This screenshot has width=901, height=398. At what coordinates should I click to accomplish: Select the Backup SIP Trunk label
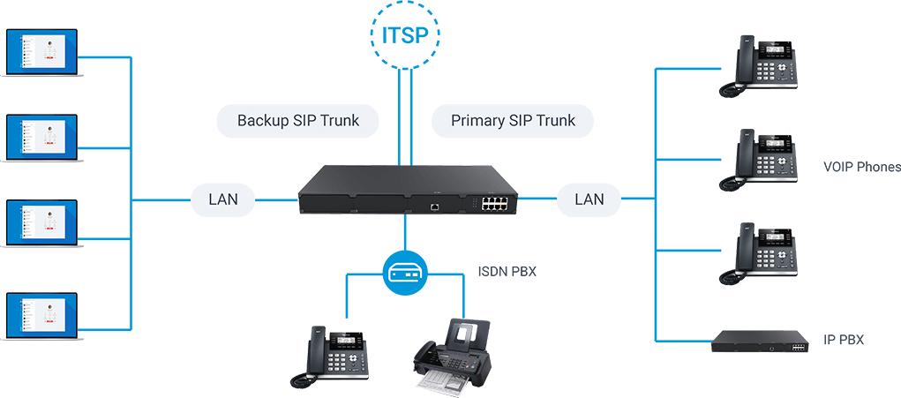click(298, 120)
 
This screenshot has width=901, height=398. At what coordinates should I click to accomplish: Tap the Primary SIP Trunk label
click(513, 120)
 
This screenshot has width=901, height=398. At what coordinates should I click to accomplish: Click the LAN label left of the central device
click(223, 199)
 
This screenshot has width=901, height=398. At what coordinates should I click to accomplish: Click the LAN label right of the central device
click(589, 199)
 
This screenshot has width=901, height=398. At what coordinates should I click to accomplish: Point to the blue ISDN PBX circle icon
click(405, 273)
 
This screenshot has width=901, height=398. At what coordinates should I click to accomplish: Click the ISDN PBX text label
click(507, 272)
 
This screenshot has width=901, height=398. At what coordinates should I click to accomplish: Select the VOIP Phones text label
click(860, 167)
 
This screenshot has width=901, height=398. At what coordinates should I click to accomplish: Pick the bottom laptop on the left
click(41, 315)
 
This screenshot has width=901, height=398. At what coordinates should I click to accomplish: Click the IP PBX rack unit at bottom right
click(760, 342)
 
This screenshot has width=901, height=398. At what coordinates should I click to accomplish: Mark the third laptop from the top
click(41, 228)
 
